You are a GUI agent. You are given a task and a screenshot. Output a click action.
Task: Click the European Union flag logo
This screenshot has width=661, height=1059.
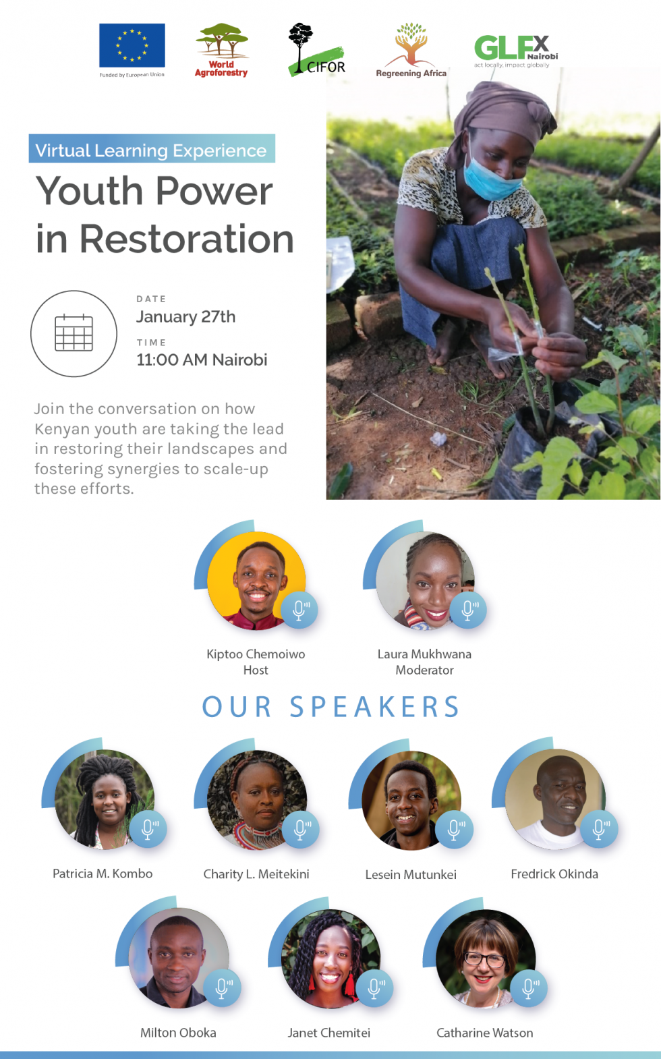tap(132, 45)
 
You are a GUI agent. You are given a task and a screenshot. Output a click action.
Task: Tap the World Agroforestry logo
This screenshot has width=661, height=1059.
tap(221, 50)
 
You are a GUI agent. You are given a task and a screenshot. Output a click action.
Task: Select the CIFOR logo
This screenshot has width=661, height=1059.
tap(316, 50)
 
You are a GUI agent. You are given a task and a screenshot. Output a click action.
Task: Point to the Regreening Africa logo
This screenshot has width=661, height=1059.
tap(411, 50)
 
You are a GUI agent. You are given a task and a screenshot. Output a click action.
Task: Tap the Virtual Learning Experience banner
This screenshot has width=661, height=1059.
tap(152, 149)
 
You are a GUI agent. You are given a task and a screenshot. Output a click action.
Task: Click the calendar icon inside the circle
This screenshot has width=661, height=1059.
tap(74, 333)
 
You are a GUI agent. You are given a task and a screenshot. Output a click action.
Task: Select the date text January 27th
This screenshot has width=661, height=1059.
tap(185, 317)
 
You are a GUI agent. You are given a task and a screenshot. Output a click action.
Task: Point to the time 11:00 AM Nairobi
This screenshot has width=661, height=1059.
tap(202, 360)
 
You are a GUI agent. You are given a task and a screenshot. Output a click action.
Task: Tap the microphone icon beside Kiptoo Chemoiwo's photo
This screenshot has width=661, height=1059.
tap(299, 610)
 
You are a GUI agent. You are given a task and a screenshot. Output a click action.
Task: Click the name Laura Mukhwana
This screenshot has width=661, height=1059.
tap(424, 654)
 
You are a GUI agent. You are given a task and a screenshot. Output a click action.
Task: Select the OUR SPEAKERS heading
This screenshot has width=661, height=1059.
tap(330, 707)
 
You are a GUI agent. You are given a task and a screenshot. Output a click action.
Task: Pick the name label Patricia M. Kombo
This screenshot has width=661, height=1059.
tap(103, 874)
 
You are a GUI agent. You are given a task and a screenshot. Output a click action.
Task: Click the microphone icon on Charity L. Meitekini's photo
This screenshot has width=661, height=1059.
tap(300, 830)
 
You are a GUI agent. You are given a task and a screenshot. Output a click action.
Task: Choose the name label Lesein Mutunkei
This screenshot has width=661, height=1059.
tap(411, 874)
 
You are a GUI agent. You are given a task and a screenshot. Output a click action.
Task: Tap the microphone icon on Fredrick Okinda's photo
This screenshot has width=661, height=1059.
tap(599, 829)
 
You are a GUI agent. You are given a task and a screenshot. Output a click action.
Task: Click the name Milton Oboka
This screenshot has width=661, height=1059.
tap(178, 1033)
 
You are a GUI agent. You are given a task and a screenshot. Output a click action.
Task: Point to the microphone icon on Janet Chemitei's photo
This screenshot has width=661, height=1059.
tap(374, 988)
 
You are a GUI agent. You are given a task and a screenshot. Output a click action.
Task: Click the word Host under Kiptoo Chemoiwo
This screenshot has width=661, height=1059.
tap(256, 670)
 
